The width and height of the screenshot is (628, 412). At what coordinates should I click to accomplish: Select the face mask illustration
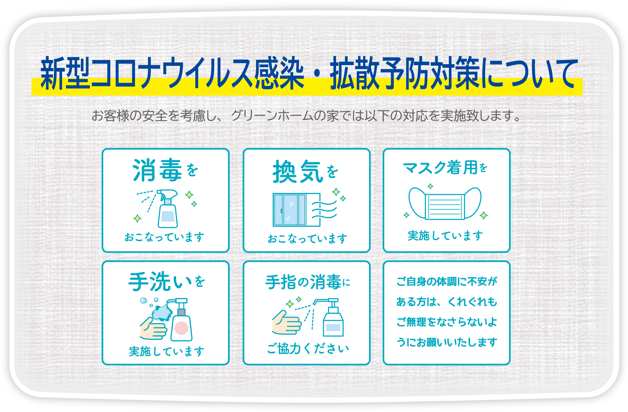445,204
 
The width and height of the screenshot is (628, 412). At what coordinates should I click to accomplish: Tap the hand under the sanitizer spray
287,323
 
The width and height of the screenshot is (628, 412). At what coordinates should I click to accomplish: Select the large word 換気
298,172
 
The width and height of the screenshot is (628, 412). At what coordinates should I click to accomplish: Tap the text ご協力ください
308,349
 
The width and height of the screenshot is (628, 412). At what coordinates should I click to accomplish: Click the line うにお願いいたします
447,342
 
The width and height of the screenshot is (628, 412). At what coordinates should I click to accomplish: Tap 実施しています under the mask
445,235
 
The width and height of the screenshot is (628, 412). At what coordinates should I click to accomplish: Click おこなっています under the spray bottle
164,237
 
